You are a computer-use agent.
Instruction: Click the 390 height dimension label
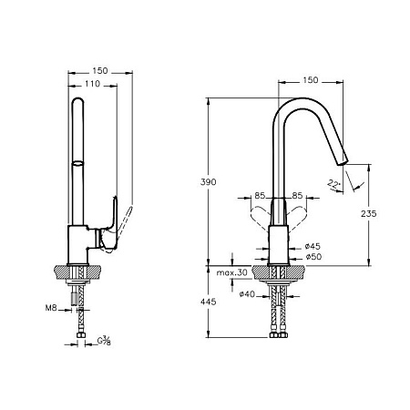[209, 182]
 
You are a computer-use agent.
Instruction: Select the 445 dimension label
[209, 302]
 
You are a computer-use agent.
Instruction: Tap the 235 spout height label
[369, 213]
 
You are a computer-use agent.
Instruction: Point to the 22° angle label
[333, 184]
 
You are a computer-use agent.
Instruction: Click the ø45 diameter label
[313, 246]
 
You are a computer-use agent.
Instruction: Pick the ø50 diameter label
[313, 257]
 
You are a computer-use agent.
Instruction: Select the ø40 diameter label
[247, 294]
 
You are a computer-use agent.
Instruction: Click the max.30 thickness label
[232, 272]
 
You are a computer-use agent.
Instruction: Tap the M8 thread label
[51, 308]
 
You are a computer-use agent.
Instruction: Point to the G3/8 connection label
[104, 341]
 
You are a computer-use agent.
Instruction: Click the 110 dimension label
[92, 84]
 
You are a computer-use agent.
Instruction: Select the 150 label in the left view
[100, 71]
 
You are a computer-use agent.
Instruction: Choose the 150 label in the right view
[311, 80]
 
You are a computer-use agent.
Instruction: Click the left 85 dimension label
[260, 196]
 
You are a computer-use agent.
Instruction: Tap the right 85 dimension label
[297, 196]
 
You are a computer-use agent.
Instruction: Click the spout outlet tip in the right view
[343, 163]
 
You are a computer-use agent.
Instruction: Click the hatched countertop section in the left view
[77, 272]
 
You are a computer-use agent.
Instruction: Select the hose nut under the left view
[81, 335]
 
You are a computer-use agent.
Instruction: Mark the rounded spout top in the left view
[77, 101]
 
